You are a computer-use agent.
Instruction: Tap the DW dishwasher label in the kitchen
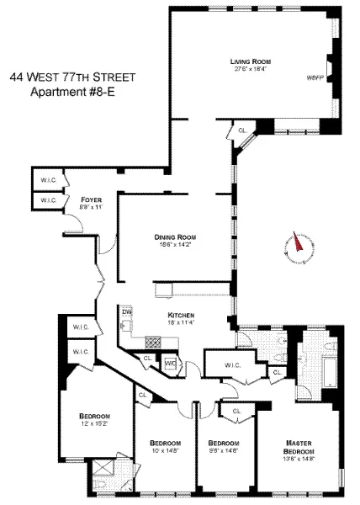pyautogui.click(x=127, y=312)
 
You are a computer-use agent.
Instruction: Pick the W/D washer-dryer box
pyautogui.click(x=171, y=364)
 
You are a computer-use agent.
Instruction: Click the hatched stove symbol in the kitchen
pyautogui.click(x=153, y=342)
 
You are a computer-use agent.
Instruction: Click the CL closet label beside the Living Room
pyautogui.click(x=242, y=130)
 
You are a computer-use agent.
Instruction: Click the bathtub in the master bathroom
pyautogui.click(x=329, y=372)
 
